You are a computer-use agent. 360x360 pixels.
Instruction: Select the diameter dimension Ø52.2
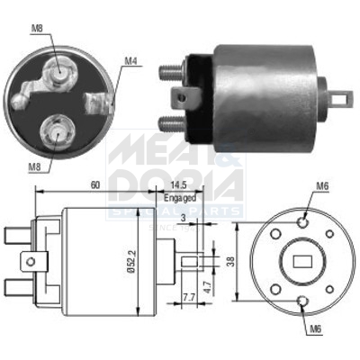pos(131,260)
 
